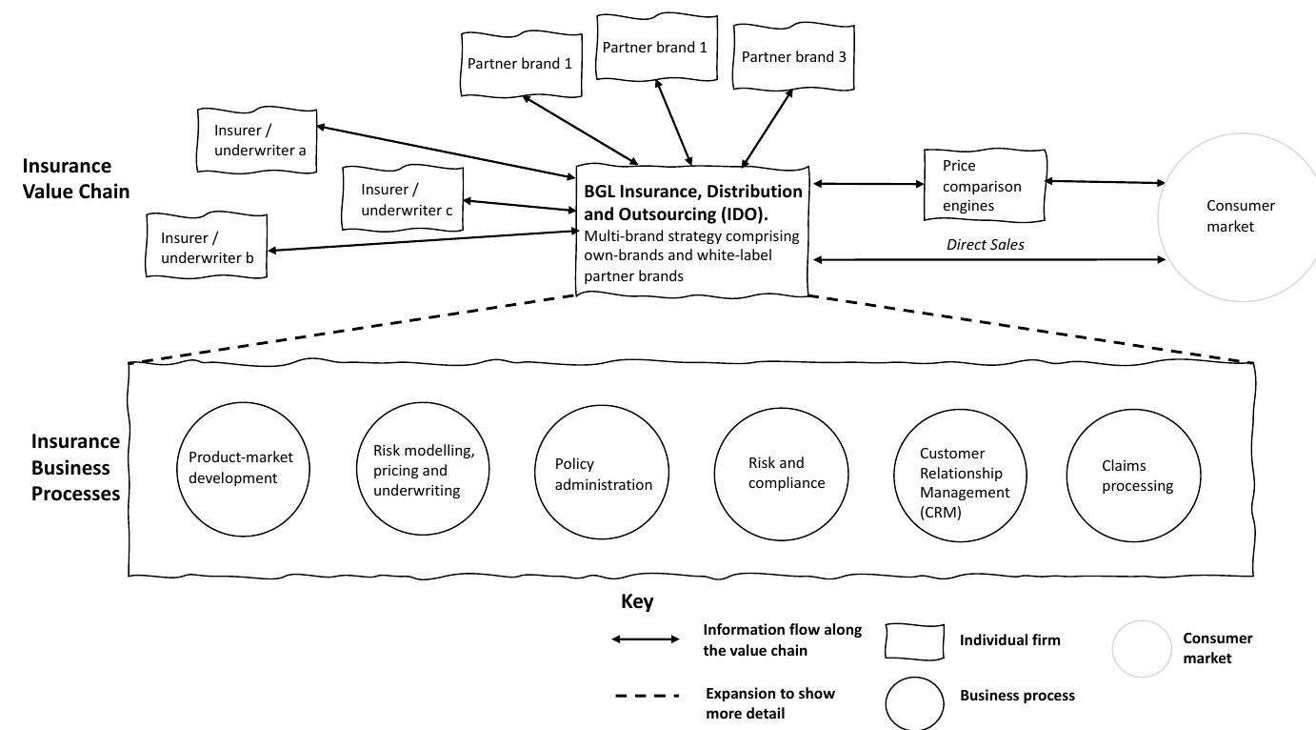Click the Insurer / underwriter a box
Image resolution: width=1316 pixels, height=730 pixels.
click(x=257, y=140)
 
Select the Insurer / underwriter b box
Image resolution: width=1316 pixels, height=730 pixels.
click(x=207, y=247)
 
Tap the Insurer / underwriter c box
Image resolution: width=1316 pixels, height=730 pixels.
click(x=403, y=200)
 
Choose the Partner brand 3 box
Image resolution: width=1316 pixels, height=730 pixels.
click(x=793, y=57)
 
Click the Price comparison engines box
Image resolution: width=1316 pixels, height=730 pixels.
click(x=984, y=185)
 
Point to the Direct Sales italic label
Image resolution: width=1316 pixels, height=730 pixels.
click(x=985, y=245)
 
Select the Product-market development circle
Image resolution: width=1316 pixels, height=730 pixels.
click(x=240, y=467)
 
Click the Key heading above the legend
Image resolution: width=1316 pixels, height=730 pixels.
click(x=637, y=602)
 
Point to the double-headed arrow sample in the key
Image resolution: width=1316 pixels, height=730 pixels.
click(x=646, y=639)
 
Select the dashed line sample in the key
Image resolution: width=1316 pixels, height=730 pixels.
click(x=646, y=696)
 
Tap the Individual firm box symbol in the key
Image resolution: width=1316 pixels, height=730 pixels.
click(x=914, y=641)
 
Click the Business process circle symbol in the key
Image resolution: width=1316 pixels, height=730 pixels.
click(x=914, y=703)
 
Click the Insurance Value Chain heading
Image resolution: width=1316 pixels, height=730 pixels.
click(x=76, y=178)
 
